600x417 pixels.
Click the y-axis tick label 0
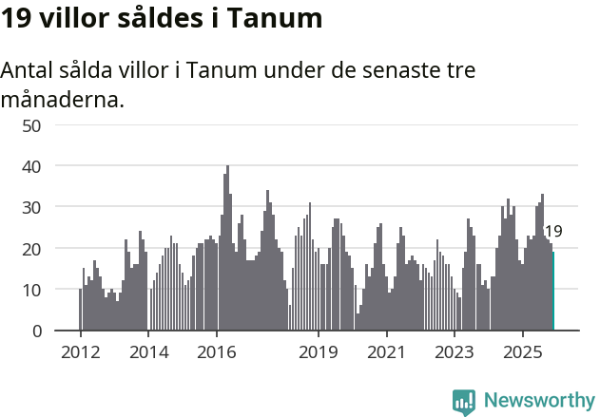point(36,331)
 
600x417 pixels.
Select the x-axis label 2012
point(80,352)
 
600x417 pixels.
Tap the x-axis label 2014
point(147,352)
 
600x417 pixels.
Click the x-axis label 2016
point(216,352)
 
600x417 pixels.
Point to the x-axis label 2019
point(319,352)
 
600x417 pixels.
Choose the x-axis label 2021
point(386,352)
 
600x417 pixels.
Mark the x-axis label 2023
point(455,352)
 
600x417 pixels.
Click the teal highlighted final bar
point(553,291)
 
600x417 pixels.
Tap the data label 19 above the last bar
point(552,231)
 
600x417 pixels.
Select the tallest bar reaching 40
point(227,249)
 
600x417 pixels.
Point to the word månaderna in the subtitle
point(63,99)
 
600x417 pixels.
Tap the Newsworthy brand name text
point(539,401)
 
